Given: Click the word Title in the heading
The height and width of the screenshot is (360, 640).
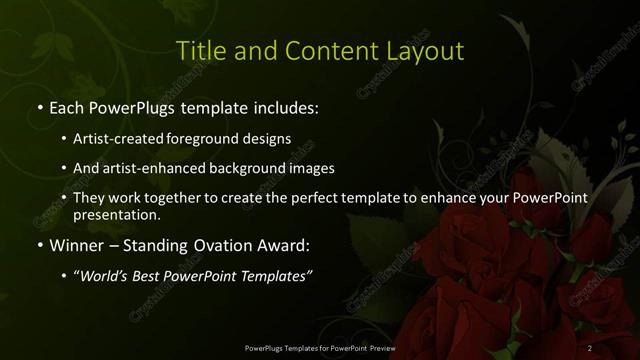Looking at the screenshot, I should point(198,50).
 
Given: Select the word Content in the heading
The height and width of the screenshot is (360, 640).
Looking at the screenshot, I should point(318,50).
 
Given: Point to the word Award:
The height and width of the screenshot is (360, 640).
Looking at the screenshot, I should point(285,244).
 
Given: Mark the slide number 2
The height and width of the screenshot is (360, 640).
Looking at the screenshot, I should point(590,347).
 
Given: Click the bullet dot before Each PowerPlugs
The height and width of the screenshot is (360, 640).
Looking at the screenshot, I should point(39,106).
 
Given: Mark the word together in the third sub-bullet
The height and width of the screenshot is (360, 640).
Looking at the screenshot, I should point(179,197).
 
